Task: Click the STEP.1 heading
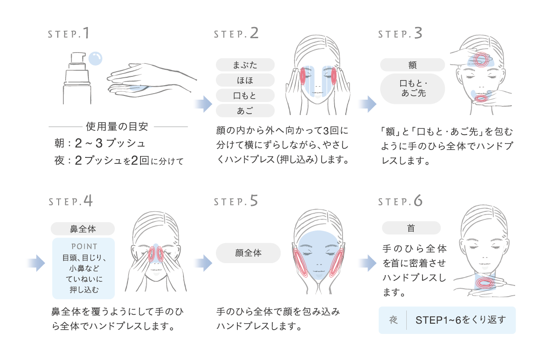(x=69, y=34)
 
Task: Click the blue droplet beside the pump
(x=95, y=58)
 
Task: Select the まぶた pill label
(x=245, y=65)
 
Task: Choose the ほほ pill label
(x=245, y=80)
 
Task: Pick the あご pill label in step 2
(x=245, y=111)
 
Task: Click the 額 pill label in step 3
(x=412, y=65)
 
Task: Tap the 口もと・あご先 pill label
(x=412, y=88)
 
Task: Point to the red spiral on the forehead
(x=481, y=59)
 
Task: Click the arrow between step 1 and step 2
(x=203, y=104)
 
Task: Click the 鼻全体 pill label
(x=83, y=229)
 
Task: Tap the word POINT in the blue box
(x=84, y=246)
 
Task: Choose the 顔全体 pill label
(x=248, y=253)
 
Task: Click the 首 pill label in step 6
(x=411, y=228)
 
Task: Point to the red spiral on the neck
(x=485, y=283)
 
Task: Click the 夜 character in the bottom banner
(x=393, y=320)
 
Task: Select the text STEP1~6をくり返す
(x=460, y=320)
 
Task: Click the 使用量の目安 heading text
(x=117, y=126)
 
